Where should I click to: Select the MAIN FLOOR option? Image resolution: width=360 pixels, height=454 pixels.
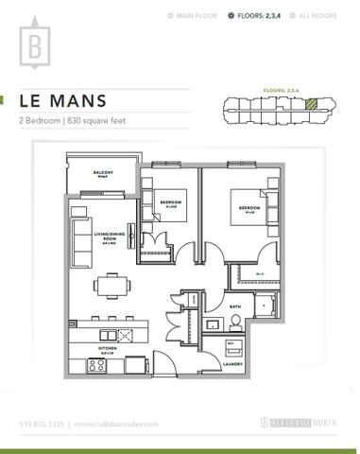coord(199,17)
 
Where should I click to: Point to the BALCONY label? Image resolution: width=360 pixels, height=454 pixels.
coord(103,172)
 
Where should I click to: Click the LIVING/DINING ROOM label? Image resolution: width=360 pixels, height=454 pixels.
coord(105,237)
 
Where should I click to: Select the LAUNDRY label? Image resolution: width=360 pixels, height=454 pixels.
coord(234,360)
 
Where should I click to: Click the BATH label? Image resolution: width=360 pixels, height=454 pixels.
coord(234,306)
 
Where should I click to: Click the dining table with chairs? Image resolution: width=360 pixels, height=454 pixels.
coord(111,283)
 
